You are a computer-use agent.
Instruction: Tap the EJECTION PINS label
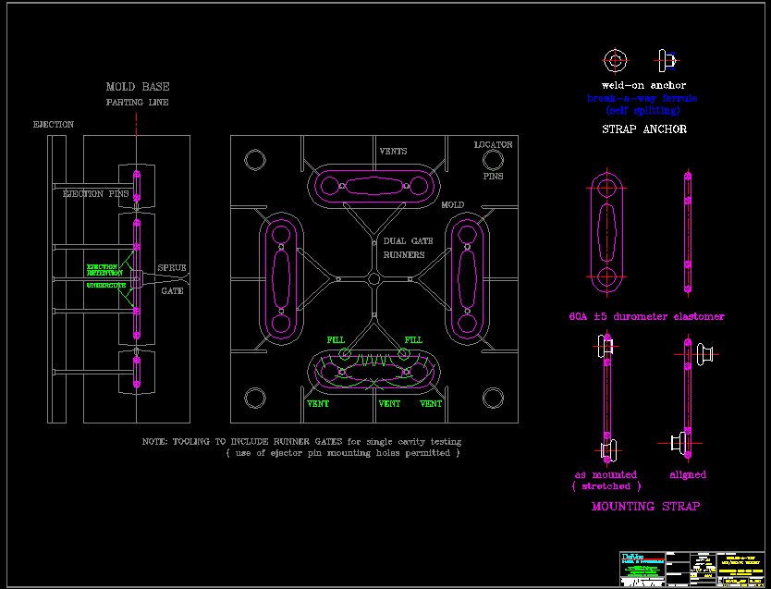[x=95, y=194]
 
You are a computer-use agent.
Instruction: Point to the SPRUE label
[x=172, y=268]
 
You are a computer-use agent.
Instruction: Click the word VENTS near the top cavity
[x=393, y=151]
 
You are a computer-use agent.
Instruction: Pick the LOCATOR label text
[x=493, y=145]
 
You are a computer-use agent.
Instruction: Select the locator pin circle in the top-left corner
[x=255, y=160]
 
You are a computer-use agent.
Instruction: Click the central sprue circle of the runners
[x=373, y=278]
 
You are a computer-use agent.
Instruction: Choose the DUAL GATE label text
[x=404, y=241]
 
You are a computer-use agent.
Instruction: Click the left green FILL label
[x=336, y=340]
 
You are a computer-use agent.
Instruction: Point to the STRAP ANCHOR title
[x=643, y=129]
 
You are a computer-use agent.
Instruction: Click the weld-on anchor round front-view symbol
[x=615, y=61]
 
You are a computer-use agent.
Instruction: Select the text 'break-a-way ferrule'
[x=642, y=98]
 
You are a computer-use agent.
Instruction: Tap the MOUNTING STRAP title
[x=645, y=507]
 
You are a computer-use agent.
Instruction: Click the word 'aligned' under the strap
[x=688, y=474]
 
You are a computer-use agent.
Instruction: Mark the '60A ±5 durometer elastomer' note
[x=646, y=316]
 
